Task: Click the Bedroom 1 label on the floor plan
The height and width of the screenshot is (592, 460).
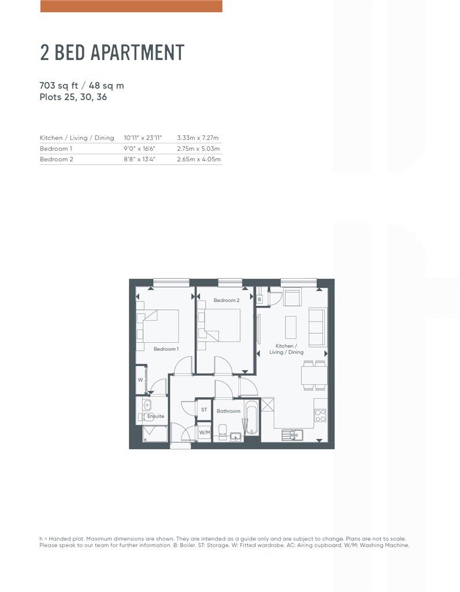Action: pos(166,349)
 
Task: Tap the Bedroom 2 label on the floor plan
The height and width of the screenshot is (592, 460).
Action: pos(227,300)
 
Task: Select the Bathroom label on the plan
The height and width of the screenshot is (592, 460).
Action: pos(228,411)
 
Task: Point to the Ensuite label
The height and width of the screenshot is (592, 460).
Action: pos(155,416)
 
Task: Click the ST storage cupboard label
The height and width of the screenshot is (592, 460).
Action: pos(204,410)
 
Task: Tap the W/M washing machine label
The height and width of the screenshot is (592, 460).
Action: pos(205,432)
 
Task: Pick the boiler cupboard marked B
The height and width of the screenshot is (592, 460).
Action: pos(259,299)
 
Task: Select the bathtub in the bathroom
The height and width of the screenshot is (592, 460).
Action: pos(251,417)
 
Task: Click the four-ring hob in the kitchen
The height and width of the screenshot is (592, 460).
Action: pos(320,416)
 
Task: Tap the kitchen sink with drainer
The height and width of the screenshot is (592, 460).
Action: pos(292,435)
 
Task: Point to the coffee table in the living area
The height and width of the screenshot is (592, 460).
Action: pos(291,327)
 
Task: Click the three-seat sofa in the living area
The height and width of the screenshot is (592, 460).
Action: pos(317,327)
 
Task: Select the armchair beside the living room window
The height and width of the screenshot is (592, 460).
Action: pos(292,298)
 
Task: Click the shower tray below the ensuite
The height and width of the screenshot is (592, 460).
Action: pos(155,434)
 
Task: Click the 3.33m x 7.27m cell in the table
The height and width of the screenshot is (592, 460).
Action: pos(198,138)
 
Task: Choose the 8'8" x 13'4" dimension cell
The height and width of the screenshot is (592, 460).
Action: pos(139,160)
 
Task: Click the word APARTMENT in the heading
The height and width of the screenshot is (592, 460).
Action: pos(138,52)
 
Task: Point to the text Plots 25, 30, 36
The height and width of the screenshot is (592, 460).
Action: pos(73,97)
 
